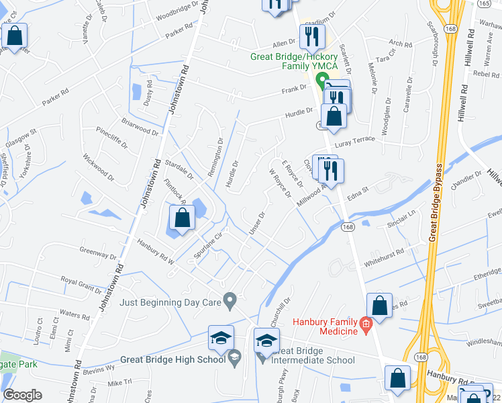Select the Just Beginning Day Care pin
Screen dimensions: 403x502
point(230,300)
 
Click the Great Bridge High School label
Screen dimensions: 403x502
point(173,359)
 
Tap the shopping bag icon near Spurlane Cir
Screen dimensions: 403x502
point(182,217)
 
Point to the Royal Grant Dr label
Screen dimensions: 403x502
point(81,281)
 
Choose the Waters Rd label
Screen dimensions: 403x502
point(74,314)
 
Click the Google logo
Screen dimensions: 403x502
point(22,395)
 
